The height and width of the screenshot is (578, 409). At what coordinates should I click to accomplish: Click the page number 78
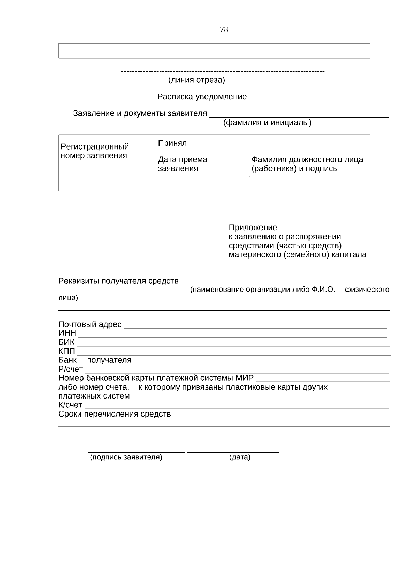tap(224, 30)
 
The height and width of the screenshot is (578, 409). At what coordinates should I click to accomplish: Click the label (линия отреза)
tap(197, 80)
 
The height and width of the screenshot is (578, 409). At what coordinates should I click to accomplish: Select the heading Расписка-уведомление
tap(202, 97)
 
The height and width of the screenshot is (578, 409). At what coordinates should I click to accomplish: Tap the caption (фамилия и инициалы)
tap(267, 123)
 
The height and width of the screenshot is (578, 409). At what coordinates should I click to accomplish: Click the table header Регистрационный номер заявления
tap(95, 151)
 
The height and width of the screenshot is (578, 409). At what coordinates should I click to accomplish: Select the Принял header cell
tap(172, 143)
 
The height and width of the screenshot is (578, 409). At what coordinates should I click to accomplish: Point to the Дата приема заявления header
tap(183, 164)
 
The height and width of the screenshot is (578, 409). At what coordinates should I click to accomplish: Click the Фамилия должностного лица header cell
tap(307, 164)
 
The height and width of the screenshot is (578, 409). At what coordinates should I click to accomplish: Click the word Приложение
tap(253, 228)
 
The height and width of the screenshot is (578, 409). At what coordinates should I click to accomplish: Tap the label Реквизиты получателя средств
tap(118, 281)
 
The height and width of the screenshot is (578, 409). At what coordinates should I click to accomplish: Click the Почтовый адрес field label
tap(90, 325)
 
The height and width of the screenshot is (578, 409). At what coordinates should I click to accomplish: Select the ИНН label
tap(67, 333)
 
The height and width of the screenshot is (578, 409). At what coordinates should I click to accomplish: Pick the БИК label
tap(66, 342)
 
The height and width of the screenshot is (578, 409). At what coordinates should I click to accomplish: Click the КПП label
tap(67, 351)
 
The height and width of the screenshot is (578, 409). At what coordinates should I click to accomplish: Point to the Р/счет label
tap(71, 369)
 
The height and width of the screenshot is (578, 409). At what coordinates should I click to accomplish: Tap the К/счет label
tap(70, 405)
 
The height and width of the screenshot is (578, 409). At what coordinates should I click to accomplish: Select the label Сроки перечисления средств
tap(115, 414)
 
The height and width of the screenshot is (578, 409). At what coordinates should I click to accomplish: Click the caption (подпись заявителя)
tap(126, 457)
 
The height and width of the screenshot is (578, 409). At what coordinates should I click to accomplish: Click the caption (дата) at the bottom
tap(240, 457)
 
